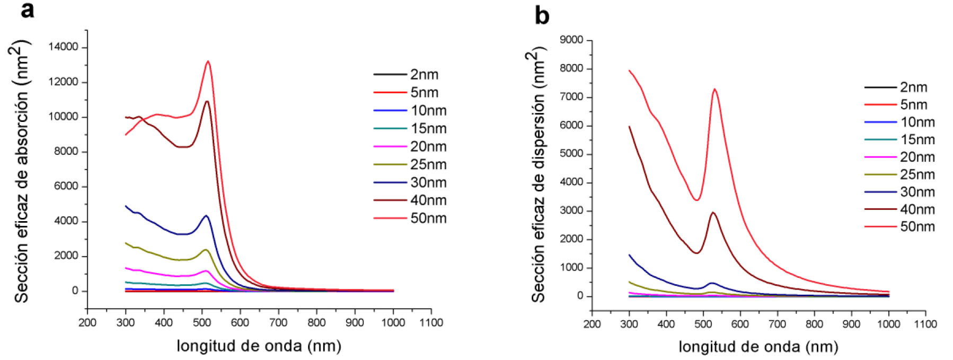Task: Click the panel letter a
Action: tap(28, 10)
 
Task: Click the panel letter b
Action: tap(542, 15)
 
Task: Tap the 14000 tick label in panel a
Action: tap(63, 47)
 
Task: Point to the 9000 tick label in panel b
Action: tap(572, 40)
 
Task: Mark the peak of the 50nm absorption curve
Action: tap(208, 62)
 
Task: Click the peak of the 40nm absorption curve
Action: tap(207, 101)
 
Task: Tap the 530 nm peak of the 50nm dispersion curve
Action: tap(714, 89)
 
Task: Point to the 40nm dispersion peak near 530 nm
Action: tap(713, 213)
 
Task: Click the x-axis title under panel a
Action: tap(259, 346)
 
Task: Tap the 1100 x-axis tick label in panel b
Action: tap(925, 323)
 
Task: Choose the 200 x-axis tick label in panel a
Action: tap(87, 322)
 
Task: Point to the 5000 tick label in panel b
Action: tap(572, 154)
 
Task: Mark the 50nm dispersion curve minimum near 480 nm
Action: tap(696, 200)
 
